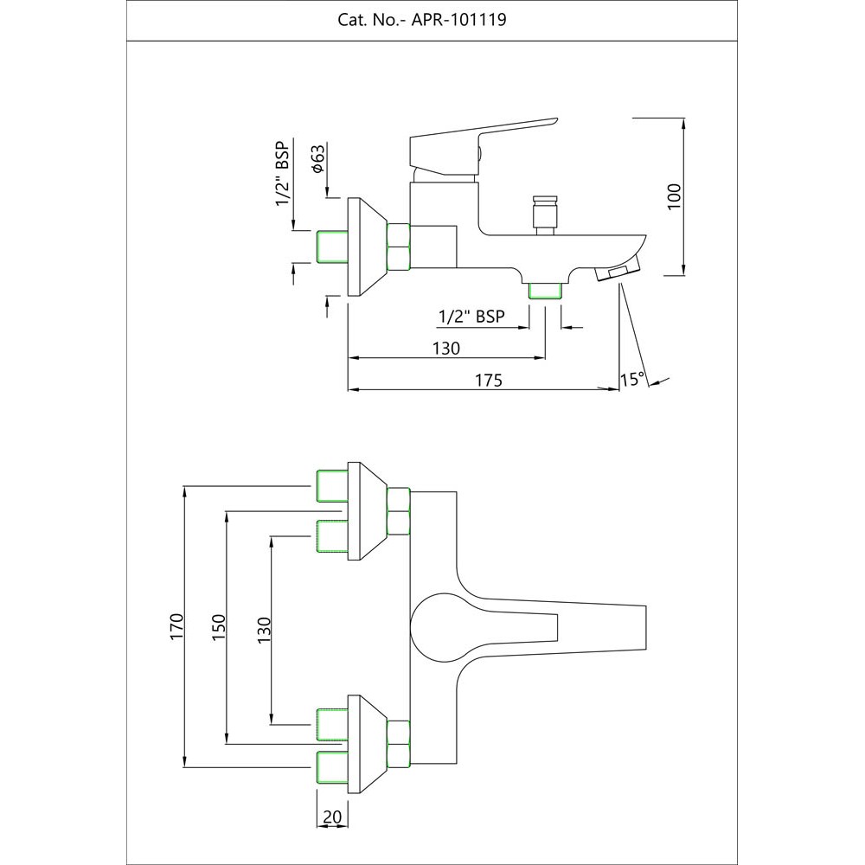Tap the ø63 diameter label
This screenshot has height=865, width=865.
pos(318,158)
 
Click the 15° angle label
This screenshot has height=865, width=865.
pos(633,379)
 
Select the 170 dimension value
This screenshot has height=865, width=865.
pos(176,625)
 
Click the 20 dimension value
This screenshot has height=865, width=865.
pos(332,816)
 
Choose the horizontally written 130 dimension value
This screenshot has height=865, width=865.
pos(445,348)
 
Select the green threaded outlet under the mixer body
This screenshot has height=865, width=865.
pos(545,291)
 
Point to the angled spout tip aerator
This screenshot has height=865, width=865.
pos(616,270)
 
